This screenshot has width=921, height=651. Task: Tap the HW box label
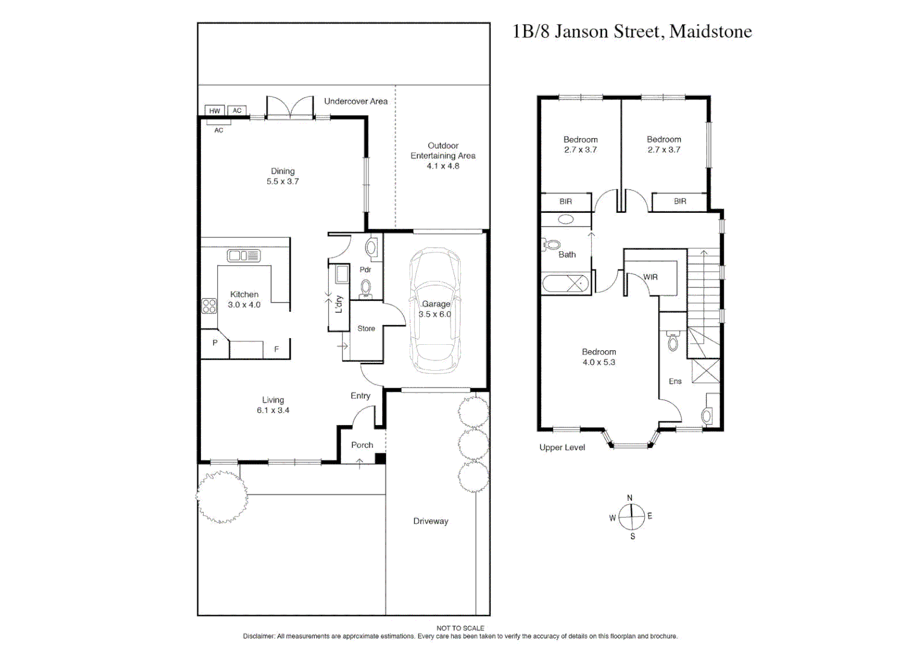coord(215,111)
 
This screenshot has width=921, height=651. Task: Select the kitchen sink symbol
coord(244,256)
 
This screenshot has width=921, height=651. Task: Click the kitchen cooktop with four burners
coord(209,306)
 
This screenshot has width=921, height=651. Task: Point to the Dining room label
coord(282,171)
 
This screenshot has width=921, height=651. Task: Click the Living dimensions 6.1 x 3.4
coord(273,410)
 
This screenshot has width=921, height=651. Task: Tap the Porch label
coord(362,445)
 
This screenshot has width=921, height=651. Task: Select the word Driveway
coord(431,521)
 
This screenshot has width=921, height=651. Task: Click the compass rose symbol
coord(631,517)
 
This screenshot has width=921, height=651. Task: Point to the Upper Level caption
coord(562,447)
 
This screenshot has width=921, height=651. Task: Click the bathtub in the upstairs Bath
coord(565,283)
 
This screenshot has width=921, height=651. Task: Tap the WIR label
coord(650,277)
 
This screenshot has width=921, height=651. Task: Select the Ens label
coord(675,381)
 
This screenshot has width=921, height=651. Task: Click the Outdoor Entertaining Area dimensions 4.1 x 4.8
coord(443,166)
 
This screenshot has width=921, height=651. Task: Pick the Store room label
coord(366,329)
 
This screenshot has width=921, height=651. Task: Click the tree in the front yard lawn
coord(222,496)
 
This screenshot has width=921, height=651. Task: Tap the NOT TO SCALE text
coord(460,628)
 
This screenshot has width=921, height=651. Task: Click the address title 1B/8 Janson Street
coord(631,31)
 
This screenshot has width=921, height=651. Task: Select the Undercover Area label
coord(355,101)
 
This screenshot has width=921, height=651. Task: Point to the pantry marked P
coord(215,343)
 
